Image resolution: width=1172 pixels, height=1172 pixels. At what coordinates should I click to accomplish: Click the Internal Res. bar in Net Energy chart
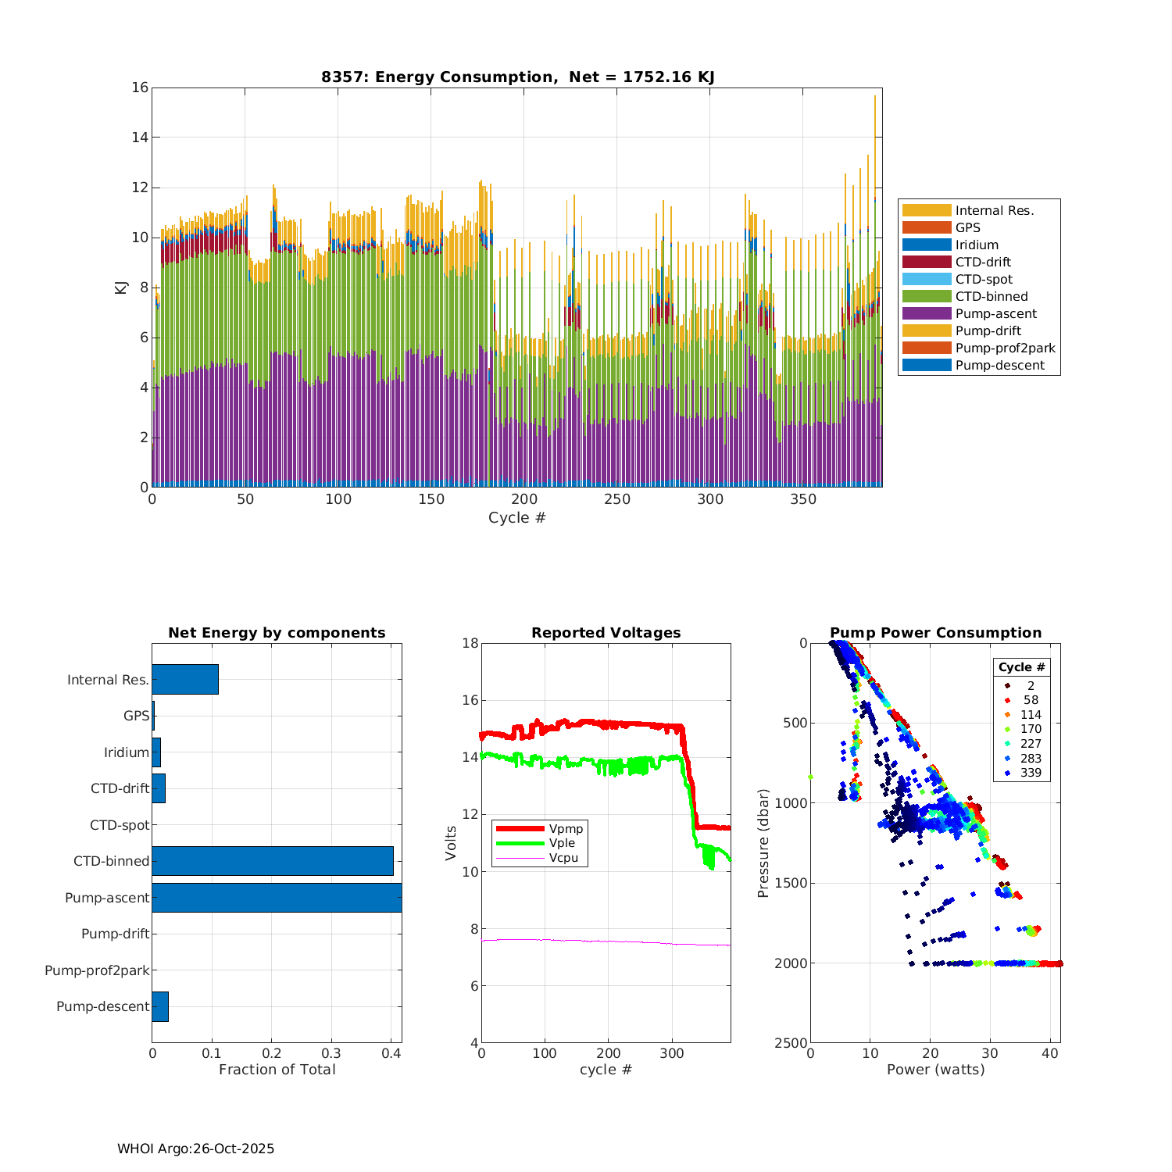click(185, 679)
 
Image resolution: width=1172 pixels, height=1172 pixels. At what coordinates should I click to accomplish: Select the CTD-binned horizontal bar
click(273, 861)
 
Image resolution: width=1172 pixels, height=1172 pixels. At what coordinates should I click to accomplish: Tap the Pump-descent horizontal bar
click(160, 1006)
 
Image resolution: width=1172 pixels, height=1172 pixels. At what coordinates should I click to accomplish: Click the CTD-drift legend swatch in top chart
click(927, 262)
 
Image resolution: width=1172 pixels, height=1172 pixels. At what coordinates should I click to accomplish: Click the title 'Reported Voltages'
click(606, 633)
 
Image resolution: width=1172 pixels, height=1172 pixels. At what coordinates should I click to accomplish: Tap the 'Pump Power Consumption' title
click(935, 633)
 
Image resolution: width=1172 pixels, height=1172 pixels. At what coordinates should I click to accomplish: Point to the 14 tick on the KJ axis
click(140, 138)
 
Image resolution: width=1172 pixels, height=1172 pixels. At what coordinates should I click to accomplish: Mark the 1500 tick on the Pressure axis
click(792, 883)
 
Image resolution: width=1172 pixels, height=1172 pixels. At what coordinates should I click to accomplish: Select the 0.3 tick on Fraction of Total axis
click(331, 1053)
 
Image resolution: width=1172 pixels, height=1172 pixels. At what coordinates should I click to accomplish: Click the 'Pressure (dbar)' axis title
click(763, 842)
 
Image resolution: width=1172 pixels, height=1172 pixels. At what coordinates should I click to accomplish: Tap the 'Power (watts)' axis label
click(935, 1070)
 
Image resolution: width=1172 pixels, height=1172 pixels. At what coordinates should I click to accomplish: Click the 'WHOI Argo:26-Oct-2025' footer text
click(195, 1149)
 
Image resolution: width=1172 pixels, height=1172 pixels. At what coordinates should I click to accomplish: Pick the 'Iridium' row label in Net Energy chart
click(127, 752)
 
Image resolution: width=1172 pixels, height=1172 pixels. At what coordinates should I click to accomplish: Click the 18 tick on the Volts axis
click(470, 643)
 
